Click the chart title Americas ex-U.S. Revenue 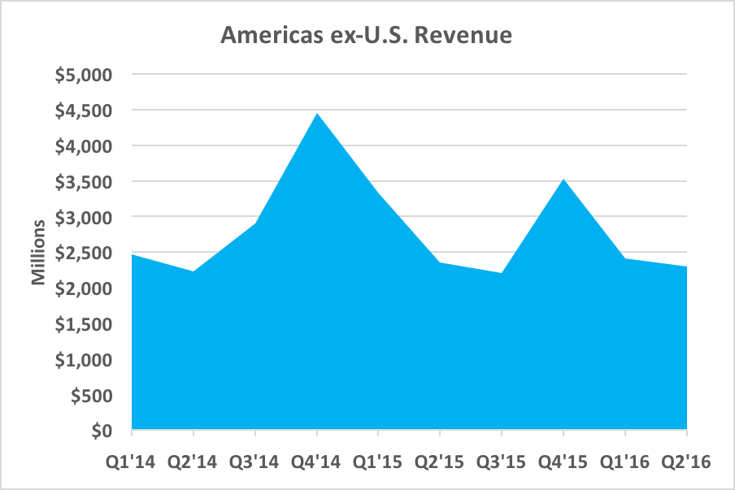click(x=367, y=37)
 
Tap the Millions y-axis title click(x=38, y=252)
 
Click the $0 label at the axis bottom click(x=102, y=431)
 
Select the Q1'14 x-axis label click(x=132, y=462)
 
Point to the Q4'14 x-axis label click(x=317, y=462)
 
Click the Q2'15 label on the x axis click(x=440, y=462)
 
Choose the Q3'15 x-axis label click(x=502, y=462)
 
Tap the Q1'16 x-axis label click(x=625, y=462)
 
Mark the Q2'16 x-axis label click(x=685, y=462)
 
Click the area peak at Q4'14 click(x=317, y=113)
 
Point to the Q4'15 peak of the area click(x=563, y=179)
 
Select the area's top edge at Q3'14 click(x=255, y=223)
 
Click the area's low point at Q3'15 click(x=502, y=273)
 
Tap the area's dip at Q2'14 click(x=194, y=271)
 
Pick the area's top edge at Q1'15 click(x=379, y=193)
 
